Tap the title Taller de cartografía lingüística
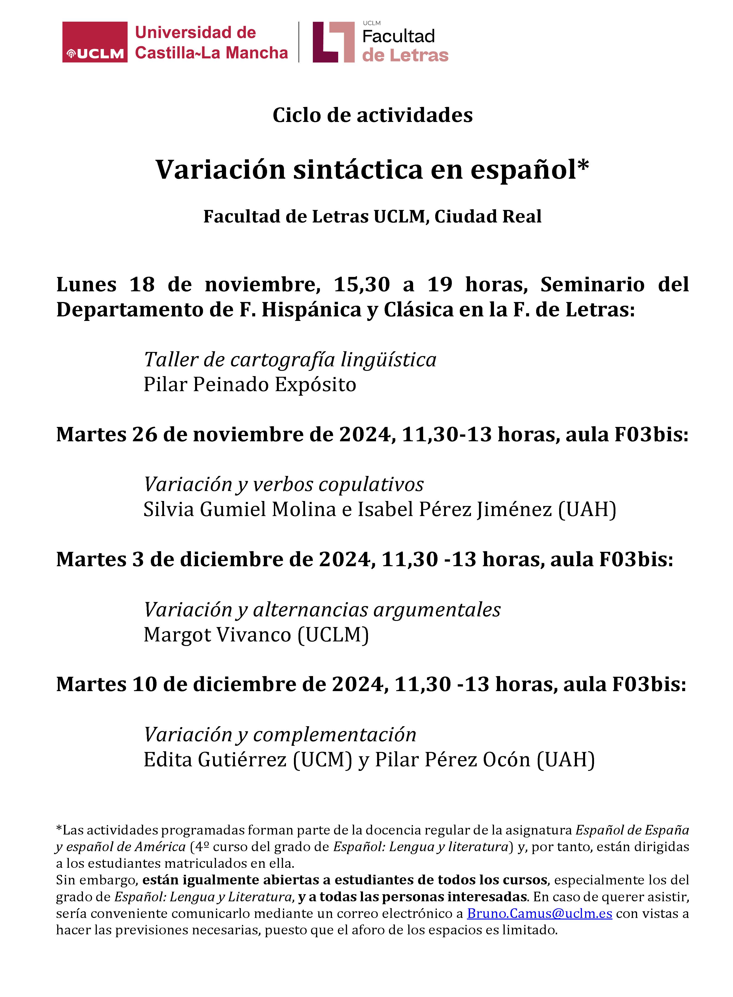290,359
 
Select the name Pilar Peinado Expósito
249,385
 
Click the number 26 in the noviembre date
145,434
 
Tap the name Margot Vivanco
217,634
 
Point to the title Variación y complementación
280,735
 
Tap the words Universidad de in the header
195,32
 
